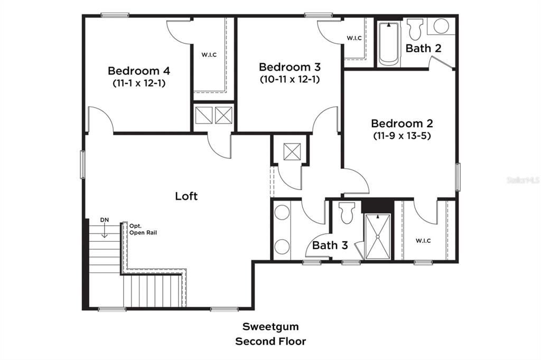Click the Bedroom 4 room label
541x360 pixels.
139,71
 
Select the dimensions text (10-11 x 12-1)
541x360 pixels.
290,79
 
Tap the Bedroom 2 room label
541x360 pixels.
402,124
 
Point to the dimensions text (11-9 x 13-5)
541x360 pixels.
402,136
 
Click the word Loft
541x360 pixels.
186,196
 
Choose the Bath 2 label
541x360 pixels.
423,48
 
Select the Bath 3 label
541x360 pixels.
330,245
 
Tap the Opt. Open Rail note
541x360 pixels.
143,229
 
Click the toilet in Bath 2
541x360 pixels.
416,27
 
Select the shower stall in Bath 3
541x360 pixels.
378,236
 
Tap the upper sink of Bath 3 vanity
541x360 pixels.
282,213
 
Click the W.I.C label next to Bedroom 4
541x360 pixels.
209,54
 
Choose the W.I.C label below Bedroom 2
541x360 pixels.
423,241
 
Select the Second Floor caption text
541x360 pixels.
270,342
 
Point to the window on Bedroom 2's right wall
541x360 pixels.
458,177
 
